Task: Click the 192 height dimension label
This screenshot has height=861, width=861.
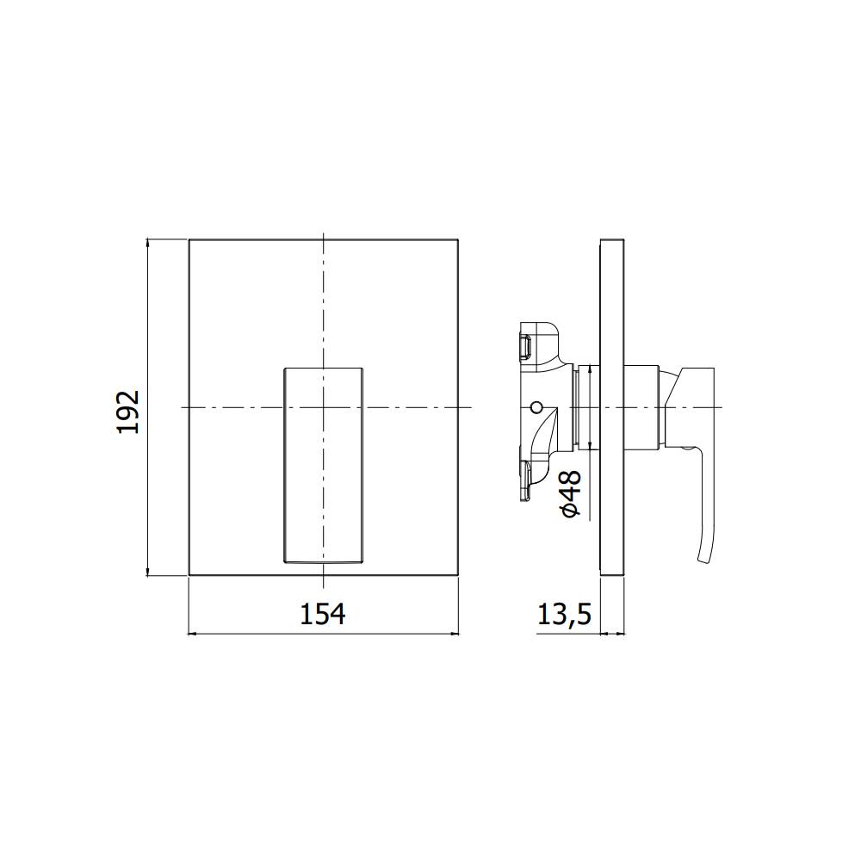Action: pyautogui.click(x=127, y=412)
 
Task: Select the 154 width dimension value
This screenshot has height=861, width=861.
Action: pyautogui.click(x=322, y=614)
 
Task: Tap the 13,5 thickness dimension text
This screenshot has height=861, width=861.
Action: pyautogui.click(x=564, y=614)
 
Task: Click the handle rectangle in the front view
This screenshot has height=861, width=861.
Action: pyautogui.click(x=323, y=465)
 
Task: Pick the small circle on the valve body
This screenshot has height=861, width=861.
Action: pyautogui.click(x=537, y=406)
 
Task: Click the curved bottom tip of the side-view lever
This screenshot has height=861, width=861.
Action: pyautogui.click(x=703, y=560)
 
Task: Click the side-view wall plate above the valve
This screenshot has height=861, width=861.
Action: pyautogui.click(x=611, y=293)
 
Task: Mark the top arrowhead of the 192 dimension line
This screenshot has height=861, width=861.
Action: pyautogui.click(x=149, y=242)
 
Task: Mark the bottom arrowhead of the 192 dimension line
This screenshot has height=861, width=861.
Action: pyautogui.click(x=149, y=572)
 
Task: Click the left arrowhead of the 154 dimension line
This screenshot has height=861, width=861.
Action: pyautogui.click(x=192, y=635)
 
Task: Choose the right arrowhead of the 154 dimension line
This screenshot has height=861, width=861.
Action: pyautogui.click(x=455, y=635)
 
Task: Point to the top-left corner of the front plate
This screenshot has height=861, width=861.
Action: pyautogui.click(x=189, y=238)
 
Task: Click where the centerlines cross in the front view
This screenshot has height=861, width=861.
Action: pyautogui.click(x=323, y=406)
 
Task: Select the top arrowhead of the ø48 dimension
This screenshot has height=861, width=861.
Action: pyautogui.click(x=588, y=369)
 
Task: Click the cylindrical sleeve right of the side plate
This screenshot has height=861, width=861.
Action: pyautogui.click(x=641, y=406)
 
